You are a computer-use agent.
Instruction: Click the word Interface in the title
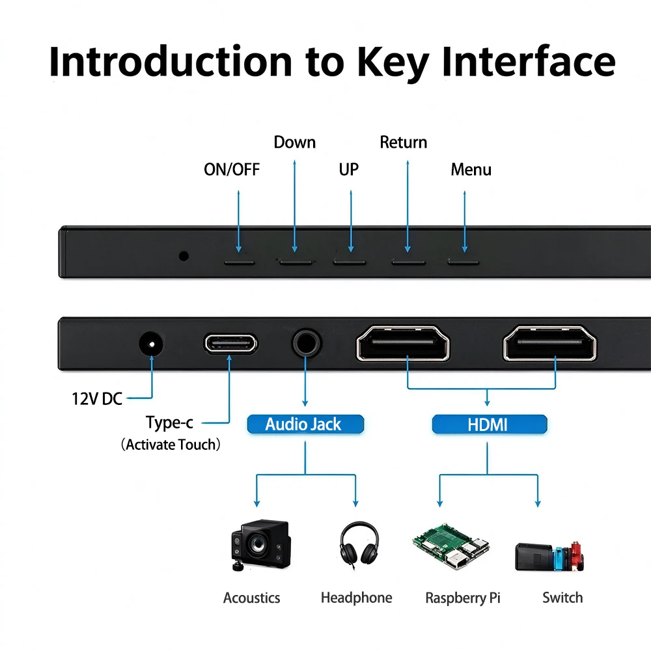coord(528,61)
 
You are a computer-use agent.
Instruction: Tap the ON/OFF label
coord(232,169)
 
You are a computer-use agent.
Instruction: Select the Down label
coord(295,143)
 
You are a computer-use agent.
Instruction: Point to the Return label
coord(403,143)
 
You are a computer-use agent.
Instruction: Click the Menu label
coord(471,169)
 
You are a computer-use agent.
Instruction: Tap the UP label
coord(349,169)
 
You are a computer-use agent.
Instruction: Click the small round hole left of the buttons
coord(184,256)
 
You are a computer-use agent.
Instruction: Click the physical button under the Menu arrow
coord(464,263)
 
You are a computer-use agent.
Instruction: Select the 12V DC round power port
coord(151,344)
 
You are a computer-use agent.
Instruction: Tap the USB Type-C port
coord(231,343)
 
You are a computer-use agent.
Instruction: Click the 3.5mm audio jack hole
coord(307,343)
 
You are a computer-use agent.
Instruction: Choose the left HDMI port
coord(403,343)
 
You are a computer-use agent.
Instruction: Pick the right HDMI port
coord(549,343)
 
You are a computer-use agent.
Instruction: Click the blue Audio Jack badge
coord(305,424)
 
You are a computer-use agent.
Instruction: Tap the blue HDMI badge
coord(490,424)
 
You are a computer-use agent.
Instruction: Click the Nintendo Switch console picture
coord(549,557)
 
